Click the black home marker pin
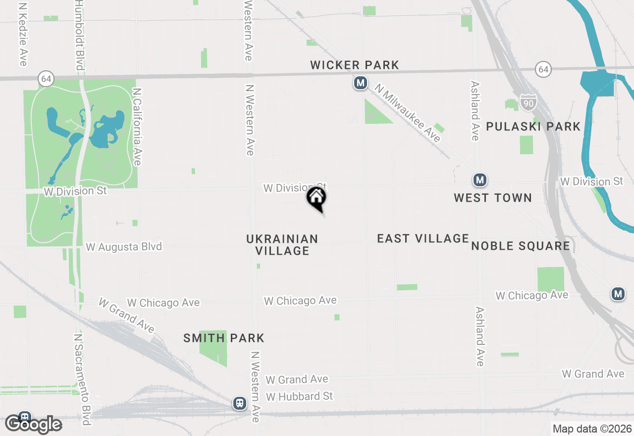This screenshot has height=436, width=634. [x=317, y=199]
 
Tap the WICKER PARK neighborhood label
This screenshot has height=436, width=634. [x=355, y=65]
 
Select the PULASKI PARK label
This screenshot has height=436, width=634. [x=533, y=126]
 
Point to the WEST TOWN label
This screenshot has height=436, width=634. [x=493, y=198]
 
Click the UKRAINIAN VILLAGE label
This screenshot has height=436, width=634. [x=282, y=245]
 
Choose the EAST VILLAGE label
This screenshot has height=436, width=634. [x=423, y=238]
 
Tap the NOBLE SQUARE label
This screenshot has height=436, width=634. [x=521, y=246]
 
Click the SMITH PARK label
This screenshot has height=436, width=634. [x=224, y=338]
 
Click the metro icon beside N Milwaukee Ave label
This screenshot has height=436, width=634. [x=360, y=83]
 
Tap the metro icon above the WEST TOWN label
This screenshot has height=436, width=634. [x=479, y=180]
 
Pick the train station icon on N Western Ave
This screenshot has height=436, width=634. [x=240, y=403]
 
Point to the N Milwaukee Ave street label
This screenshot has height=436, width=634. [x=408, y=113]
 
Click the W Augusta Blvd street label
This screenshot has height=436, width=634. [x=124, y=246]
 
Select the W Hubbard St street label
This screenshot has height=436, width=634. [x=300, y=396]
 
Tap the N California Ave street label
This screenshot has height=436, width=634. [x=137, y=127]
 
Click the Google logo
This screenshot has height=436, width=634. [x=33, y=424]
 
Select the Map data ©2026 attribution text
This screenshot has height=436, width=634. [x=592, y=429]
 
